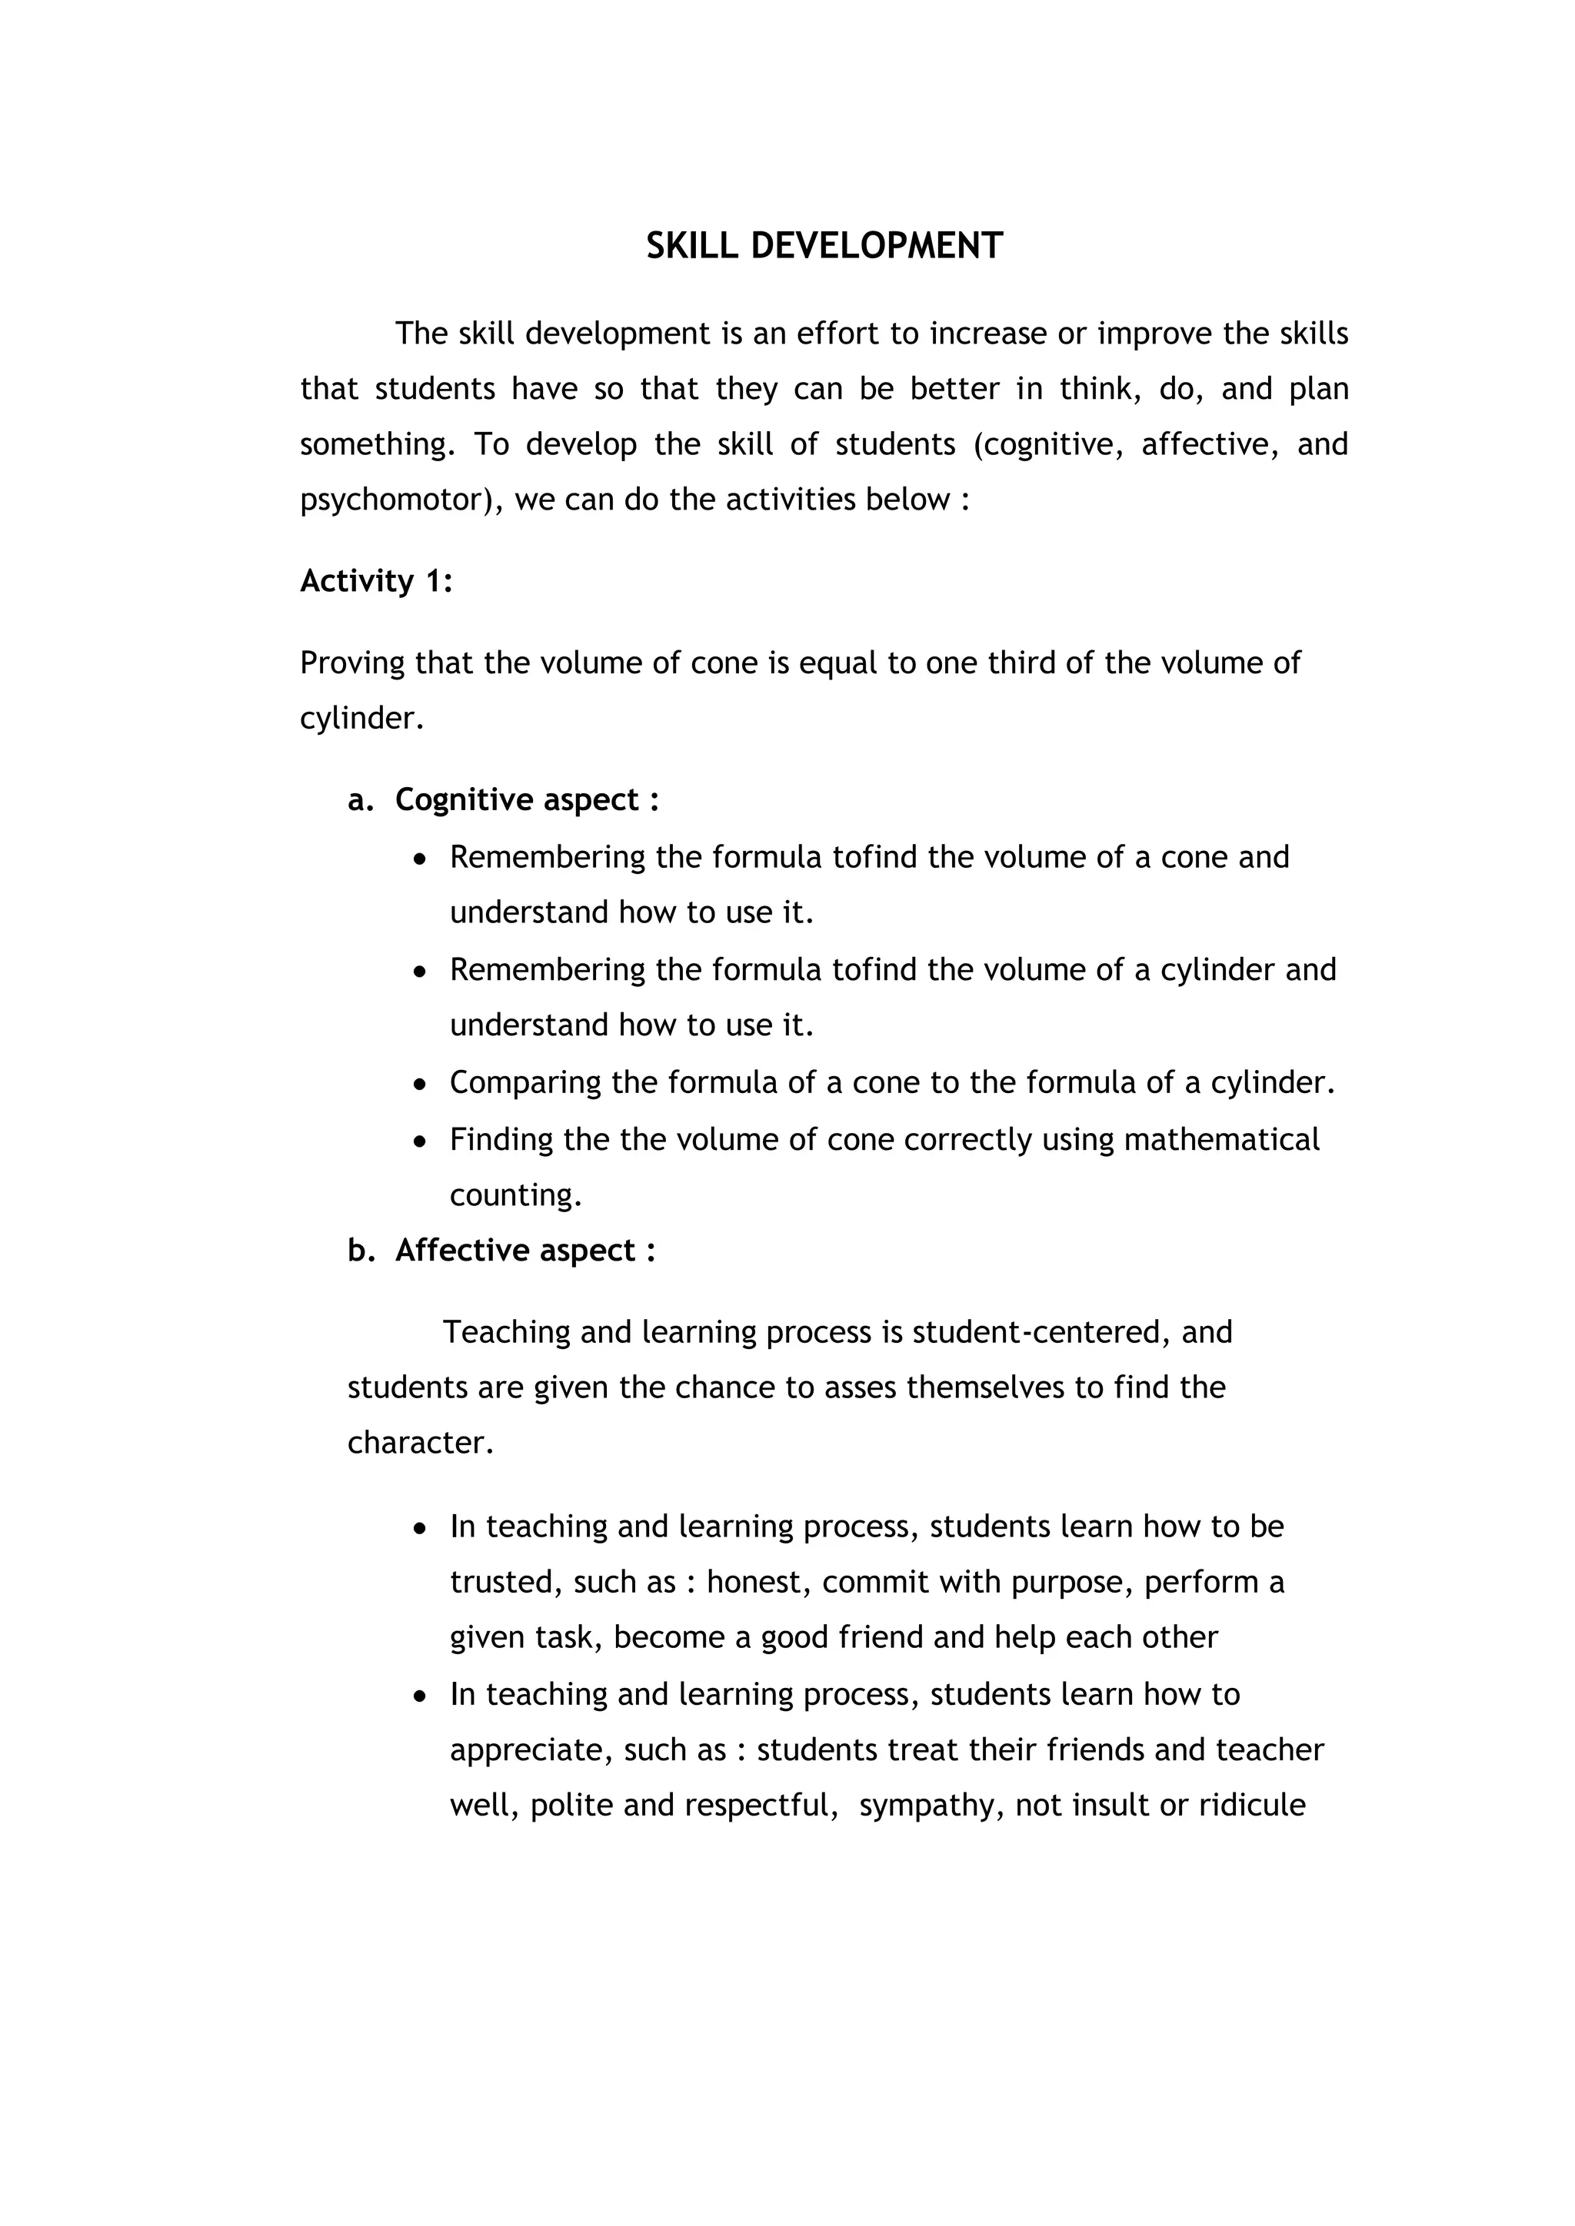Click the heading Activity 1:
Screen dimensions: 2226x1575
tap(376, 581)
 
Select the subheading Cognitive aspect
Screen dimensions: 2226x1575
tap(527, 800)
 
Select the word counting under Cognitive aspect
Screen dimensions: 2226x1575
tap(515, 1195)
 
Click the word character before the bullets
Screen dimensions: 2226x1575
tap(420, 1444)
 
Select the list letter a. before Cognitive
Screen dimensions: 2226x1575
tap(361, 801)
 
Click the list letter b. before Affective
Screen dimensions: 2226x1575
tap(361, 1251)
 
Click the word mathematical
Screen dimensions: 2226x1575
tap(1221, 1139)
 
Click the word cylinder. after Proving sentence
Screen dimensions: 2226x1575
tap(361, 719)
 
